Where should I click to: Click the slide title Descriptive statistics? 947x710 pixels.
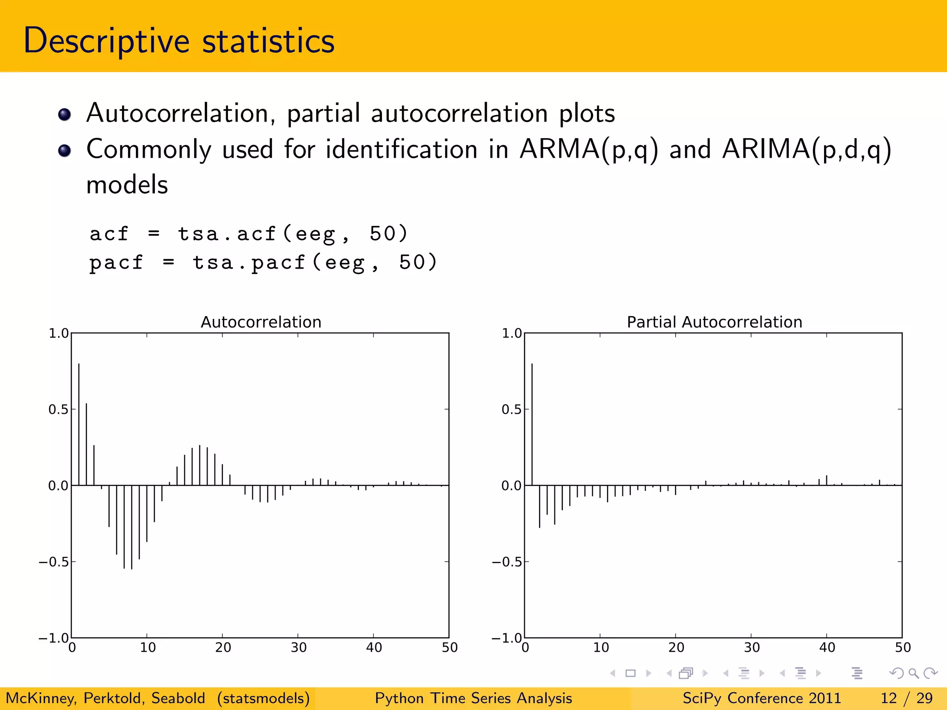tap(179, 41)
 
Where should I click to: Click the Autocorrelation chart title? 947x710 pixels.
tap(261, 322)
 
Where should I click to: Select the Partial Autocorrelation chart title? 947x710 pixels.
tap(714, 322)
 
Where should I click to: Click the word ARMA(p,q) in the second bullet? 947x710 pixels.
tap(588, 150)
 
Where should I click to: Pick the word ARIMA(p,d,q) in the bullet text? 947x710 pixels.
tap(806, 150)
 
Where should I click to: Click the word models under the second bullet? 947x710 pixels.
tap(127, 185)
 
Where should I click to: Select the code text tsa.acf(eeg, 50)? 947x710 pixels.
tap(293, 234)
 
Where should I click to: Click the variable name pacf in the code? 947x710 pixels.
tap(116, 263)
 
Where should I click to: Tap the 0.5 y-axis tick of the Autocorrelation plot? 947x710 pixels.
tap(58, 410)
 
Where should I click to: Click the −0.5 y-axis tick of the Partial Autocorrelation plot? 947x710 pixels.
tap(507, 562)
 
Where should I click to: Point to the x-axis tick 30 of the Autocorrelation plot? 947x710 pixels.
tap(299, 648)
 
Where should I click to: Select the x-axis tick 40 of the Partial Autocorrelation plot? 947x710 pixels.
tap(827, 648)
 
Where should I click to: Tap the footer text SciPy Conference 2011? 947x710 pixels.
tap(762, 698)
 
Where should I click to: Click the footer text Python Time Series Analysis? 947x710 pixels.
tap(473, 698)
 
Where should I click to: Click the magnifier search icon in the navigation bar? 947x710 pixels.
tap(913, 673)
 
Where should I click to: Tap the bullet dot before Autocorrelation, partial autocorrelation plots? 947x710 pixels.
tap(65, 114)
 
